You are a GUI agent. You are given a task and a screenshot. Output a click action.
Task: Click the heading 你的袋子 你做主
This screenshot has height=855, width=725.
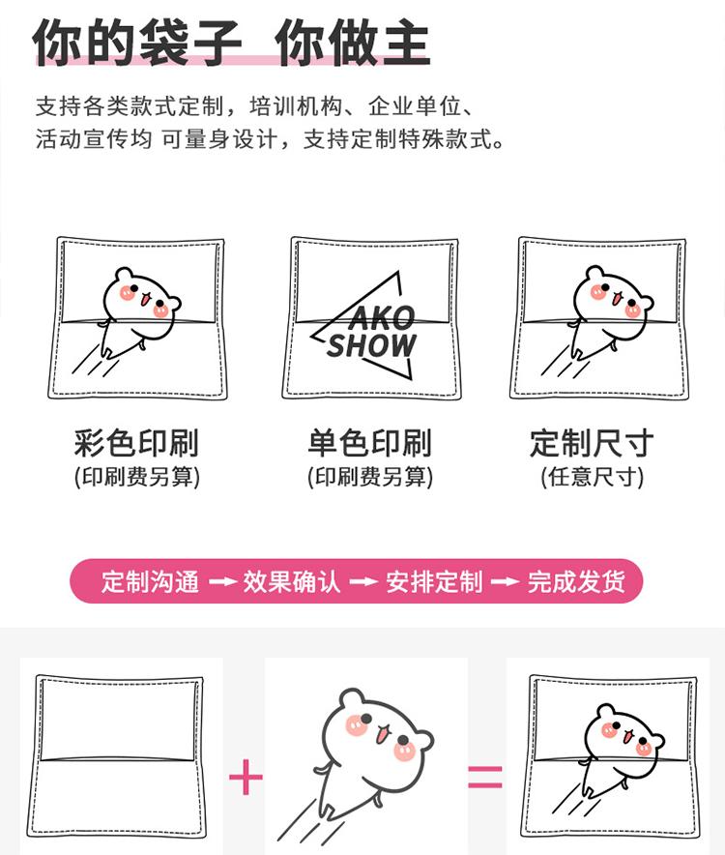[x=232, y=44]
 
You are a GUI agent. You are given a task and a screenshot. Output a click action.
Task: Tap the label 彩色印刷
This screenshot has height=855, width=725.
[x=136, y=444]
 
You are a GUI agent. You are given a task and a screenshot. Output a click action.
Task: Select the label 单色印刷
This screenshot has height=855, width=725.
[x=369, y=444]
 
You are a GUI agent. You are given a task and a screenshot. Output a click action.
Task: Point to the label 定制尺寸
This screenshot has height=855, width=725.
[x=592, y=444]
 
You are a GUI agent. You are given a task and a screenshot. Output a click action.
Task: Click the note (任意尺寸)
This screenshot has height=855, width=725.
[x=592, y=477]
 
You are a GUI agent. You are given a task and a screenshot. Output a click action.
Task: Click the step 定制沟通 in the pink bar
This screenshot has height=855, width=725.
[x=150, y=582]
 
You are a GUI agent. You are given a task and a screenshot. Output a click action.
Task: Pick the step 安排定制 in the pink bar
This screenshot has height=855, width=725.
[x=434, y=582]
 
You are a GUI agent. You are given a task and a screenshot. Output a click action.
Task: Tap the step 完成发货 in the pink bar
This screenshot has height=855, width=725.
[x=576, y=582]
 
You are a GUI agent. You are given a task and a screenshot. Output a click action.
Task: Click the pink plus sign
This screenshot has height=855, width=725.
[x=246, y=777]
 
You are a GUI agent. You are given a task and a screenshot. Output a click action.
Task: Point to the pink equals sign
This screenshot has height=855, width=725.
[x=485, y=777]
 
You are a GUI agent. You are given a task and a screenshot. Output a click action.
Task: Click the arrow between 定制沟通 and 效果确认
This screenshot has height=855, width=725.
[x=222, y=582]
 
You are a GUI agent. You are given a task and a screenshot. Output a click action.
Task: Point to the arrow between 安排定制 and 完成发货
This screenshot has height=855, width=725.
[x=506, y=582]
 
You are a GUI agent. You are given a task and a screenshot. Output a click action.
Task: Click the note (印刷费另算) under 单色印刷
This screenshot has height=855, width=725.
[x=369, y=477]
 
